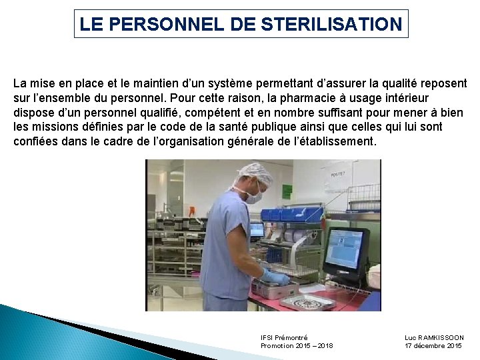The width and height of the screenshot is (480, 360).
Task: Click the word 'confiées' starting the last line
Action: [34, 142]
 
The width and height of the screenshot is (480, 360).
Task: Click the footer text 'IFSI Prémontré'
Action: [285, 338]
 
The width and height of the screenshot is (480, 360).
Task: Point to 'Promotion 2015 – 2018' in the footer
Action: [297, 346]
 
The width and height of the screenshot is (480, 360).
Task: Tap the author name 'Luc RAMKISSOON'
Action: [434, 338]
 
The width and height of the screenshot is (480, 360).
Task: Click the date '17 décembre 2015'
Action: [433, 346]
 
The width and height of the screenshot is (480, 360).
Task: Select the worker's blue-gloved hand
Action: [274, 276]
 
